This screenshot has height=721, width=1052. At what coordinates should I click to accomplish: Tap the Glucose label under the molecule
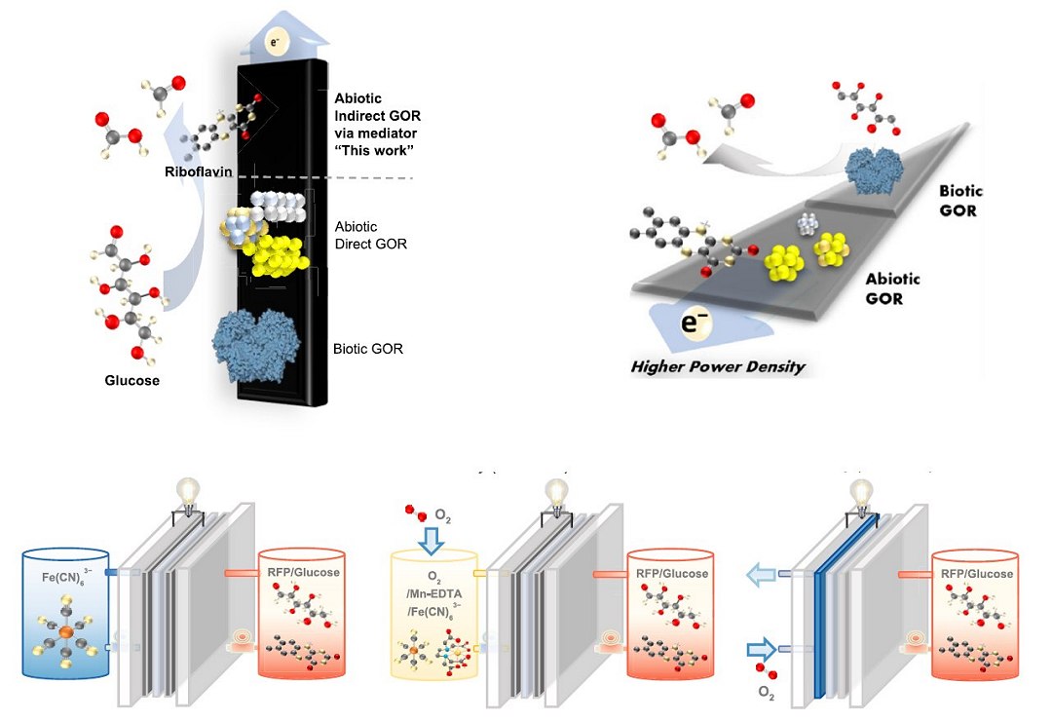click(x=131, y=380)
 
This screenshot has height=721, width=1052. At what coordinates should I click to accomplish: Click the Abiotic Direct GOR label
click(x=370, y=235)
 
